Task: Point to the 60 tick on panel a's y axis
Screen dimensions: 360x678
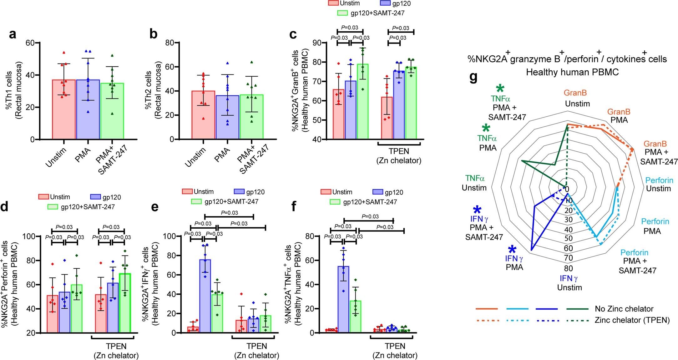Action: click(30, 43)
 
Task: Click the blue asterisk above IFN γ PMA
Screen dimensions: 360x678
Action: click(512, 249)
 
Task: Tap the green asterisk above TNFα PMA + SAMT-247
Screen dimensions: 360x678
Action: click(500, 89)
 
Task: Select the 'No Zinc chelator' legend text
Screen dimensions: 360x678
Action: click(624, 309)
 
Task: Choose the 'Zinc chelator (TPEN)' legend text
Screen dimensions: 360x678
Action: click(632, 320)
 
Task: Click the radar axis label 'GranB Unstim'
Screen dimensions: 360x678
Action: click(575, 98)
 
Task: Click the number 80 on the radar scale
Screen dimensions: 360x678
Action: click(569, 268)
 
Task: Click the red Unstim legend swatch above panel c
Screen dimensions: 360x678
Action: click(333, 3)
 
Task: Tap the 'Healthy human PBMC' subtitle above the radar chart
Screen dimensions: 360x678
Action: click(572, 72)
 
